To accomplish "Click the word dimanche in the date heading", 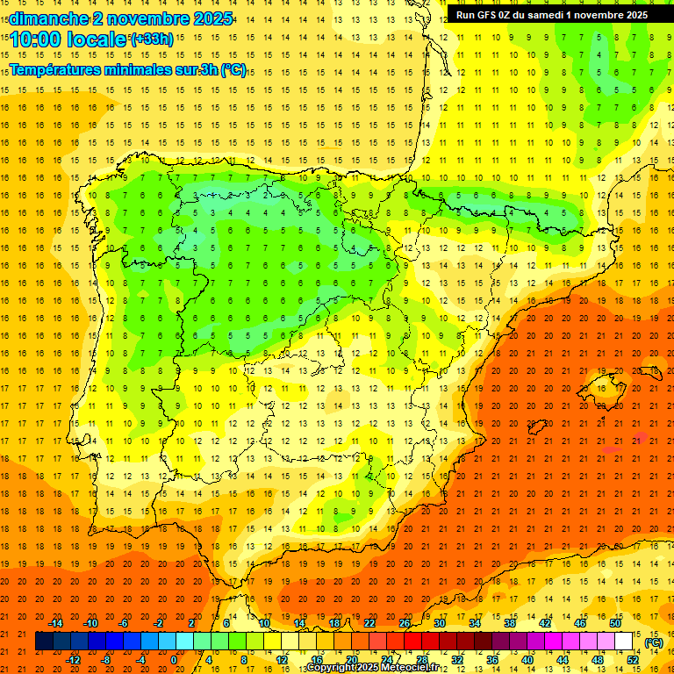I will (x=48, y=18).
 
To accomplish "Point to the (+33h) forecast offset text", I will (x=152, y=39).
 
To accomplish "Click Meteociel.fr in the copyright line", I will (x=405, y=668).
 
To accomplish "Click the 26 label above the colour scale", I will (x=405, y=622).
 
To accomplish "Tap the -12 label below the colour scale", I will (x=73, y=660).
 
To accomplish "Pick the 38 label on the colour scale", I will (x=510, y=622).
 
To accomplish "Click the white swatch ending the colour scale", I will (x=623, y=642).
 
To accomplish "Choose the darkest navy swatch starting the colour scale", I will (x=45, y=642).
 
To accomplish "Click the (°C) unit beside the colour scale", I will (x=654, y=642).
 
